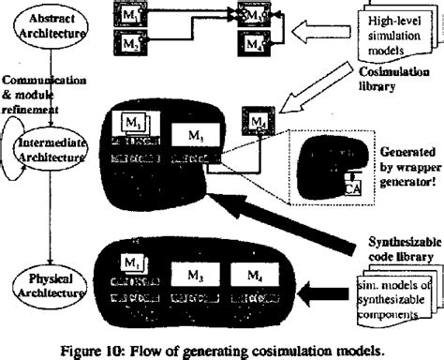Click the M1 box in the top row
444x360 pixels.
128,18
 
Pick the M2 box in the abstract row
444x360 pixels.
128,42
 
